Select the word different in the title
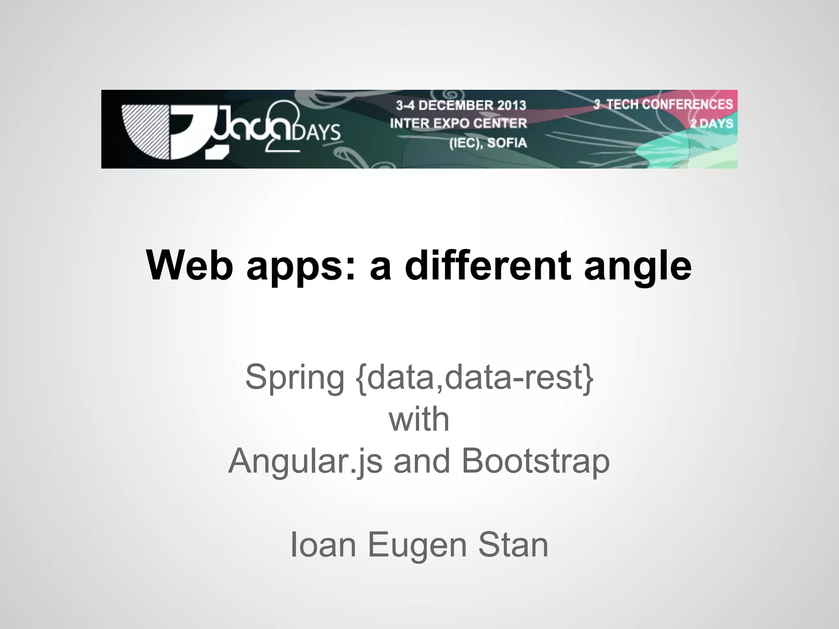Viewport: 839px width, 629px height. coord(488,265)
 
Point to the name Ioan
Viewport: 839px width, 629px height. coord(323,545)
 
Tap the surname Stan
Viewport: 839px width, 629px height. coord(513,545)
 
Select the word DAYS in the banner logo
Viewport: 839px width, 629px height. coord(317,132)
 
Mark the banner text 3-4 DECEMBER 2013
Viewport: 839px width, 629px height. coord(461,105)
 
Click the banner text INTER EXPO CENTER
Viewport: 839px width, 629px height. coord(458,123)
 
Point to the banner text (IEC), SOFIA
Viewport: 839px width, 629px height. coord(488,143)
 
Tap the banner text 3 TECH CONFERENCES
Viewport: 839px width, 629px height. coord(663,104)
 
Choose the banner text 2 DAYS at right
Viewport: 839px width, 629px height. coord(712,123)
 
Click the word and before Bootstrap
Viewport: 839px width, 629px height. coord(422,461)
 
